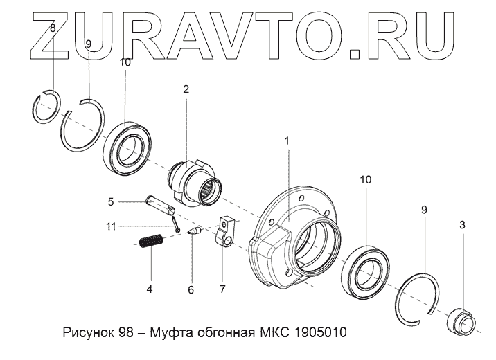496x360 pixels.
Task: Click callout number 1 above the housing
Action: point(287,141)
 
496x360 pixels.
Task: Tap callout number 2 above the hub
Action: point(186,89)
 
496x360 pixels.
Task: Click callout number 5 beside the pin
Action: point(110,202)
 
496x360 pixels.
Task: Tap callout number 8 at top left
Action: point(53,28)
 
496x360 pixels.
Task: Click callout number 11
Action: point(111,226)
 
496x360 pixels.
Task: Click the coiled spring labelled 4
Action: point(149,244)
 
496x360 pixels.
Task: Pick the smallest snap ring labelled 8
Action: point(48,108)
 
